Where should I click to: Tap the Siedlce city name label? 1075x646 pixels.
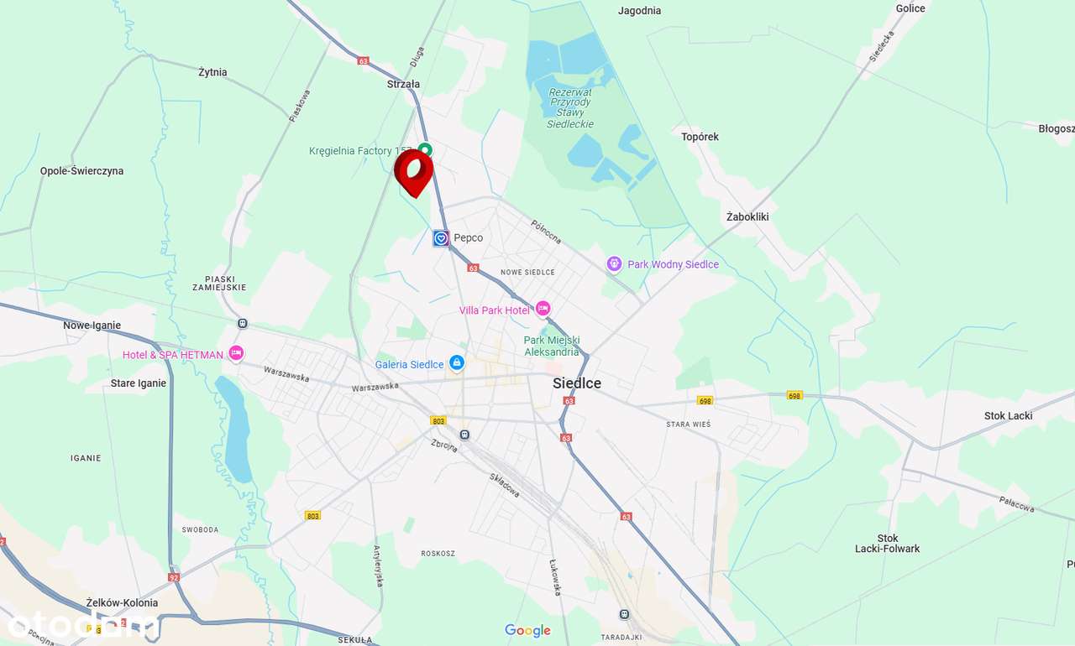click(577, 383)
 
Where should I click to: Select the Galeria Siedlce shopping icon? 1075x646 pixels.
click(457, 363)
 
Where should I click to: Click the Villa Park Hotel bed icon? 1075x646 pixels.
click(543, 310)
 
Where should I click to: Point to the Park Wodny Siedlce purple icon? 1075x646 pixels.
click(615, 264)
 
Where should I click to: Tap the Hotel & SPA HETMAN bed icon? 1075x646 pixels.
click(236, 354)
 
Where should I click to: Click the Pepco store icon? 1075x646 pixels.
click(441, 238)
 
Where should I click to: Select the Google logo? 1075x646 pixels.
click(527, 630)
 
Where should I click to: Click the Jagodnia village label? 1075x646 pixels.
click(639, 11)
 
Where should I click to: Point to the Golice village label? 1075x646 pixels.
click(910, 8)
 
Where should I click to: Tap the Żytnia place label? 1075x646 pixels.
click(212, 72)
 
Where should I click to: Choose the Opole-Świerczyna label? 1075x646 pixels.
click(81, 171)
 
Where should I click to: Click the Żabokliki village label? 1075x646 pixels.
click(747, 216)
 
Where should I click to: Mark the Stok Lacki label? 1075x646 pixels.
click(1008, 415)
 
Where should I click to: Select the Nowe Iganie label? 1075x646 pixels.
click(92, 326)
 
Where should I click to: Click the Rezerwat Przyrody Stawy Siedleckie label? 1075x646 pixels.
click(570, 108)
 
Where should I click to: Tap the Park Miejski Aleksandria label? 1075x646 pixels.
click(552, 346)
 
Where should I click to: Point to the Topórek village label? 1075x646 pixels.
click(700, 137)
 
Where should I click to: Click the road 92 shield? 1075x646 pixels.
click(174, 577)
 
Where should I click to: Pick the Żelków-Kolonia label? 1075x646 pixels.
click(122, 602)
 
